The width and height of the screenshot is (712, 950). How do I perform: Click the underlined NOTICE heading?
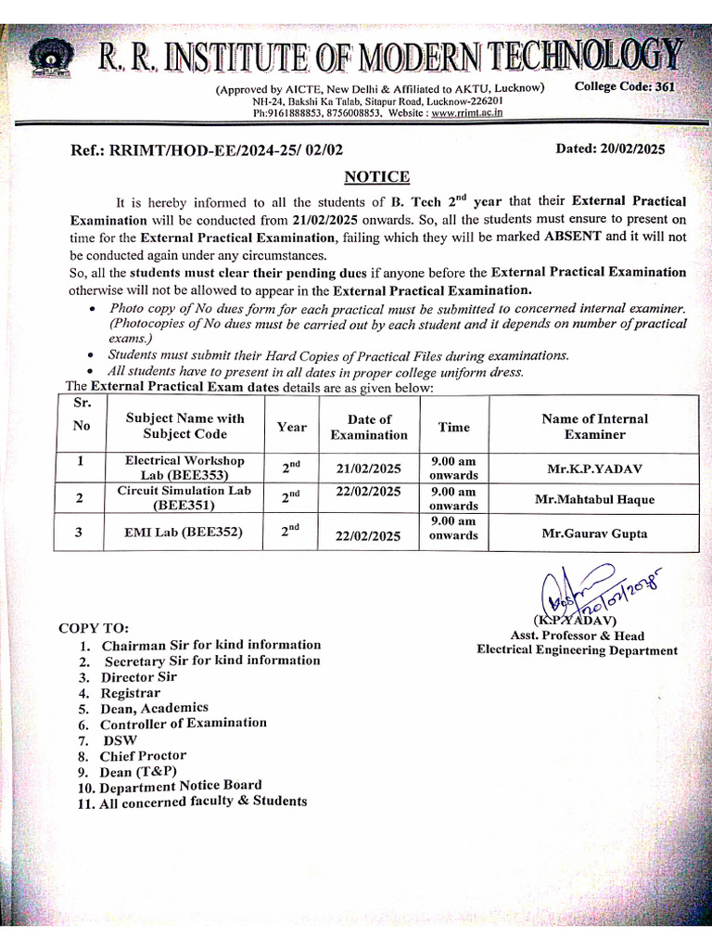pos(376,176)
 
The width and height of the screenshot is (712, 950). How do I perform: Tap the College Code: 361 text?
pos(625,87)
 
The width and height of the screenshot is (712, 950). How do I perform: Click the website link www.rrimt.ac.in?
pos(467,112)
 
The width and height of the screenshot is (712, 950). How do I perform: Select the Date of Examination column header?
pos(368,427)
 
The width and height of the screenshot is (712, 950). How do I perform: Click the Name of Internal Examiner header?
pos(594,427)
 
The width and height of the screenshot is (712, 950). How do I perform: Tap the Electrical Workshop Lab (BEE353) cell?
pos(185,468)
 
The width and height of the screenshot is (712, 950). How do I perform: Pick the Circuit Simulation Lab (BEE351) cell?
pos(185,498)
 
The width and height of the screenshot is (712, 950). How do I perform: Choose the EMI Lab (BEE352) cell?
pos(184,533)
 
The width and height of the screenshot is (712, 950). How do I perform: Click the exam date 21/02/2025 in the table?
pos(368,469)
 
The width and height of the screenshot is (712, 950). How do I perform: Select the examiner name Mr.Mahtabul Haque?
pos(594,499)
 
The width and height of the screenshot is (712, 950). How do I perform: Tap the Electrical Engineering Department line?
pos(577,650)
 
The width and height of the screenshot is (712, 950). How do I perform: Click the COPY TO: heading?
pos(95,628)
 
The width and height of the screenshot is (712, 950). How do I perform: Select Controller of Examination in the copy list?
pos(183,724)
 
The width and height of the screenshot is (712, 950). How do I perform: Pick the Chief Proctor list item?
pos(143,756)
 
